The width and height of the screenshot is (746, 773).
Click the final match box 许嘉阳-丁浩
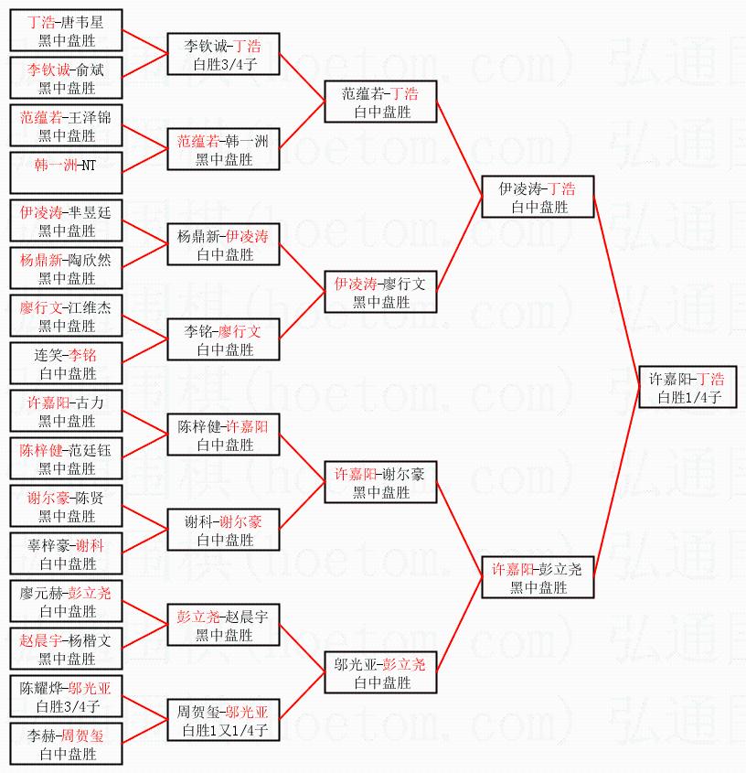coord(687,387)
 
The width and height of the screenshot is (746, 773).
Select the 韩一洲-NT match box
coord(66,173)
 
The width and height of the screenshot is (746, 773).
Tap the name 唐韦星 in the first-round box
coord(83,22)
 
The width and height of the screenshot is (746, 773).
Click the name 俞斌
coord(91,70)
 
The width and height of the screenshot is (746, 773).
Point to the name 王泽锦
coord(91,117)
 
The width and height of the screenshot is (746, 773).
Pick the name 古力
coord(91,403)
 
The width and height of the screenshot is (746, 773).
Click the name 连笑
coord(48,356)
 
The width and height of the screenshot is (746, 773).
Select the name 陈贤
coord(91,498)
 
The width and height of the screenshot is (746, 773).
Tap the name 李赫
coord(41,736)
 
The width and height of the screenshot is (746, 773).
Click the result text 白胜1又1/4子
coord(225,730)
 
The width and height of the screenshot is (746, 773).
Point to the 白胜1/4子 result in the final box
coord(688,397)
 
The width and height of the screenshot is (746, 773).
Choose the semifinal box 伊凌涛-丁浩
coord(538,197)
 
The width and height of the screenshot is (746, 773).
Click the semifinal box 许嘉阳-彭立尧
coord(538,577)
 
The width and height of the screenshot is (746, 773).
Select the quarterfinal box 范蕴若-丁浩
coord(380,102)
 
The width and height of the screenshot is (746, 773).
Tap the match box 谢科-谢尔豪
coord(223,530)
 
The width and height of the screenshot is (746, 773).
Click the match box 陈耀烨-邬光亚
coord(66,696)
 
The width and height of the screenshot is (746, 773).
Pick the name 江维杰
coord(91,307)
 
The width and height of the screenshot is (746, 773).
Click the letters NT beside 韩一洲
coord(88,166)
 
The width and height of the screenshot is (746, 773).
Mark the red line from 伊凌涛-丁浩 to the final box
coord(616,292)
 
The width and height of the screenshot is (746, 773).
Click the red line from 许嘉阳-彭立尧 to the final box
coord(616,482)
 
